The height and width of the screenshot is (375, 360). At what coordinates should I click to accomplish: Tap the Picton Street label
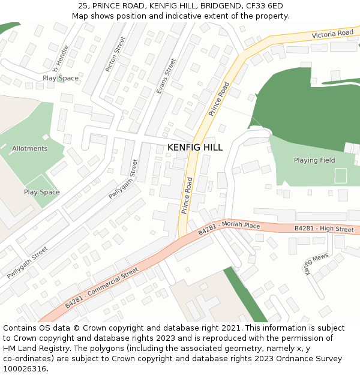tap(115, 54)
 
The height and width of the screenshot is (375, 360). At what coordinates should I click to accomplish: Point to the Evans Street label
tap(166, 76)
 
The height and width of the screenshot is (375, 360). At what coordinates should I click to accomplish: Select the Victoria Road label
tap(332, 34)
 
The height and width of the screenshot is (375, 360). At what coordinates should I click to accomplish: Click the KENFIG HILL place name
tap(195, 147)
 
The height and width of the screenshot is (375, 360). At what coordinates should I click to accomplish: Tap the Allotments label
tap(29, 148)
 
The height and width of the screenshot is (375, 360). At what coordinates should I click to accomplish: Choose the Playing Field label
tap(314, 160)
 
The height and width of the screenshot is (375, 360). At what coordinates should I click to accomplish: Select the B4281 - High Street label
tap(324, 229)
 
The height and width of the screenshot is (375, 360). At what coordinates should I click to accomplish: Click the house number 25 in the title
tap(83, 5)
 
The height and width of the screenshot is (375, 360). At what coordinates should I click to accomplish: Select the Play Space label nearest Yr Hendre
tap(61, 78)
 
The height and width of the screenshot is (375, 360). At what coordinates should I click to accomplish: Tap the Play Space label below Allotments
tap(41, 192)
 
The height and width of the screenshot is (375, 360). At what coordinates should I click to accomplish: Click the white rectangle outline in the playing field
tap(340, 176)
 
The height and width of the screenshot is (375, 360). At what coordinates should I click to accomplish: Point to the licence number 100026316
tap(25, 368)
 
